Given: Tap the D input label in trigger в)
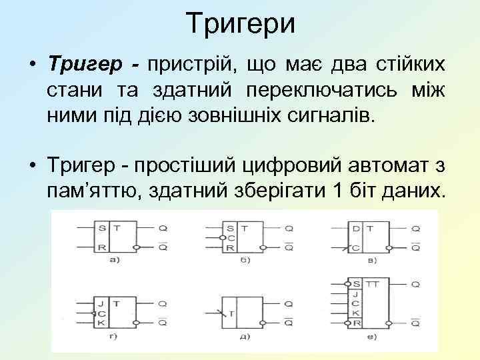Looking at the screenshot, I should coord(356,228).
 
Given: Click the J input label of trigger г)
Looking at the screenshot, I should coord(101,303).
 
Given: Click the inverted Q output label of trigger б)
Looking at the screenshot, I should coord(289,247).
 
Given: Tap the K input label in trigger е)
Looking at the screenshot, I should coord(357,313).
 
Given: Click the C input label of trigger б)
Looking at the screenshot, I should coord(230,237).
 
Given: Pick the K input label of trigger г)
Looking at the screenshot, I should coord(101,322).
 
